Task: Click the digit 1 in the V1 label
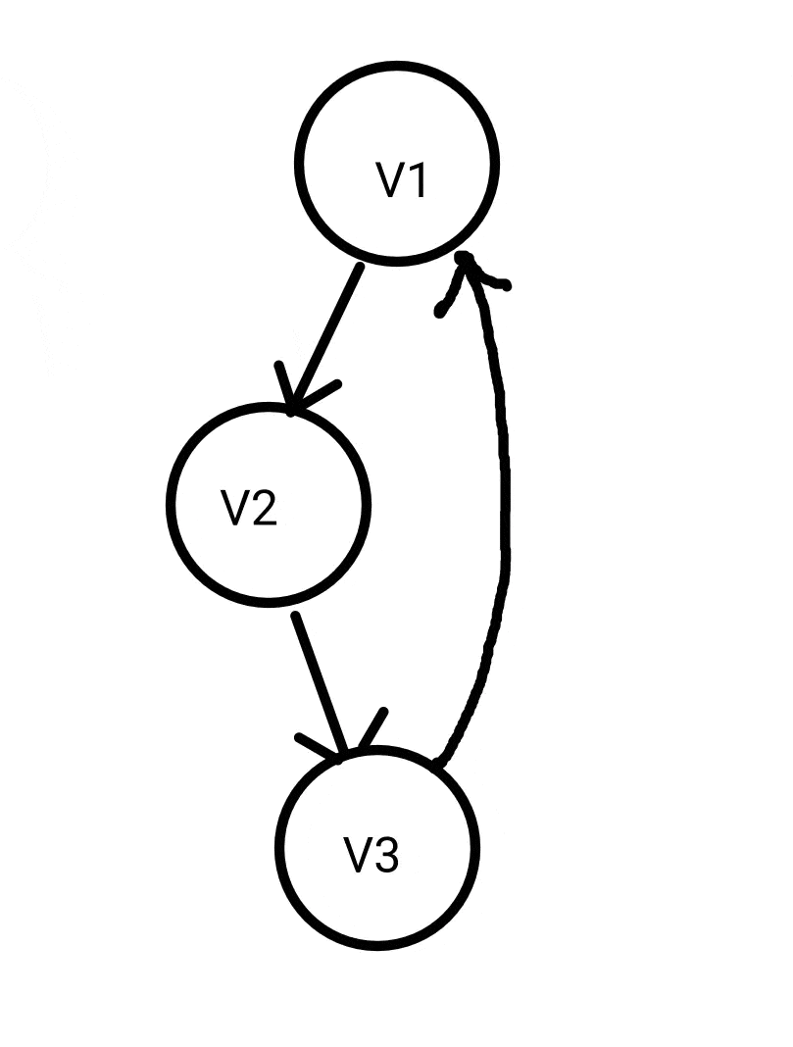click(x=416, y=180)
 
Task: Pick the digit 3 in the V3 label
click(x=385, y=855)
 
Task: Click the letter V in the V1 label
click(x=390, y=180)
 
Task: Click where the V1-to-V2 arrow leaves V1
click(x=360, y=267)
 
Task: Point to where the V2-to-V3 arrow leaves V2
click(x=296, y=616)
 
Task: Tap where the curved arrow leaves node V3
click(x=438, y=763)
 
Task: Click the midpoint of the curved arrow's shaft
click(x=507, y=510)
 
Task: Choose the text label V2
click(x=250, y=508)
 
